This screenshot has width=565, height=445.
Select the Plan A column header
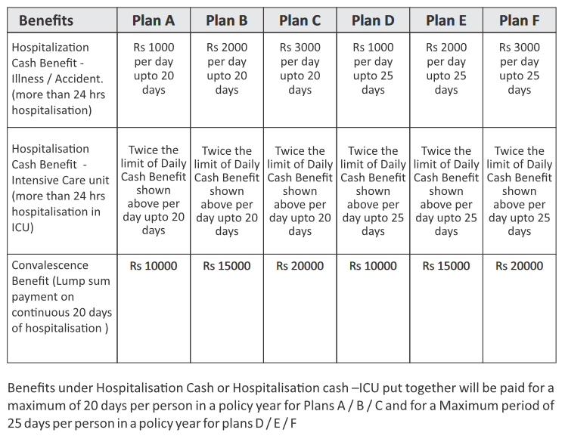pyautogui.click(x=154, y=20)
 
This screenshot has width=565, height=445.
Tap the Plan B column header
pyautogui.click(x=227, y=20)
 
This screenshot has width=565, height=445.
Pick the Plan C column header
pyautogui.click(x=300, y=20)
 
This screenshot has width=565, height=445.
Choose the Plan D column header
pyautogui.click(x=373, y=20)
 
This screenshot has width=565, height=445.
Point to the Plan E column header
pyautogui.click(x=446, y=20)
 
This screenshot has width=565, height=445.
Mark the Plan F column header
pyautogui.click(x=519, y=20)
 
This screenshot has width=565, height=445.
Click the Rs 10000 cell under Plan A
pyautogui.click(x=154, y=266)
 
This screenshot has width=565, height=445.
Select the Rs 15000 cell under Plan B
pyautogui.click(x=227, y=266)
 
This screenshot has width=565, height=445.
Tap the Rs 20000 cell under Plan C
pyautogui.click(x=300, y=266)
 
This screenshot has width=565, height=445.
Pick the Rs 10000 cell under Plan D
pyautogui.click(x=373, y=266)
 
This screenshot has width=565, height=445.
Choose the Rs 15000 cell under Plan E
pyautogui.click(x=446, y=266)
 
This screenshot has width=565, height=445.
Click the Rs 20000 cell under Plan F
pyautogui.click(x=519, y=266)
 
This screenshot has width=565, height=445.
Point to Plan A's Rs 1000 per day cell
pyautogui.click(x=154, y=68)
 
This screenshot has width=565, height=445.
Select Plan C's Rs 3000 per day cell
pyautogui.click(x=300, y=68)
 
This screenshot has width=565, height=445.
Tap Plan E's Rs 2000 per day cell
pyautogui.click(x=446, y=68)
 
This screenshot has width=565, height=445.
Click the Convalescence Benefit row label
pyautogui.click(x=61, y=296)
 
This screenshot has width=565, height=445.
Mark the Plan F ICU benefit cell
pyautogui.click(x=519, y=190)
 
